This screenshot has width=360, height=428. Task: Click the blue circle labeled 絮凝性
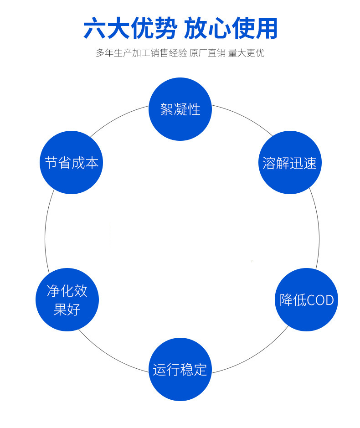[x=180, y=109]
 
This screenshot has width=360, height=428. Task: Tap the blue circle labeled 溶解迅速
[x=290, y=162]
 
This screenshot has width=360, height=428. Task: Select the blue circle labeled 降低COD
[x=306, y=299]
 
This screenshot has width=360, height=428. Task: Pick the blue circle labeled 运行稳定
[x=180, y=369]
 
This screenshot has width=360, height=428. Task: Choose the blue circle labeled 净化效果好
[x=67, y=299]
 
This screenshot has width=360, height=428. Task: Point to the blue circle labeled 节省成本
[x=71, y=162]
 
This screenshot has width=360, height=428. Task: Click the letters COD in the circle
[x=320, y=300]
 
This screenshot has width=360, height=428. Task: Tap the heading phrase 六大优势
[x=129, y=29]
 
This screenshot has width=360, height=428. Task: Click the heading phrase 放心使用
[x=231, y=29]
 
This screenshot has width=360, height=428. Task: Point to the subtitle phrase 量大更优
[x=246, y=53]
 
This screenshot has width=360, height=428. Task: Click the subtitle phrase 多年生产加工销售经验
[x=141, y=53]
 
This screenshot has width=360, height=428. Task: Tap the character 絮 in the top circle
[x=167, y=109]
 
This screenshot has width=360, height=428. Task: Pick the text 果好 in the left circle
[x=67, y=309]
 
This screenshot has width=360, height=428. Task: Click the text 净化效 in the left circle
[x=67, y=291]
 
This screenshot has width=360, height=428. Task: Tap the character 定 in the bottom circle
[x=201, y=369]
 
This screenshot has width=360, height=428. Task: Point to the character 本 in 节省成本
[x=92, y=163]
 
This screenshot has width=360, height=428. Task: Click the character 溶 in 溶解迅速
[x=269, y=163]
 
